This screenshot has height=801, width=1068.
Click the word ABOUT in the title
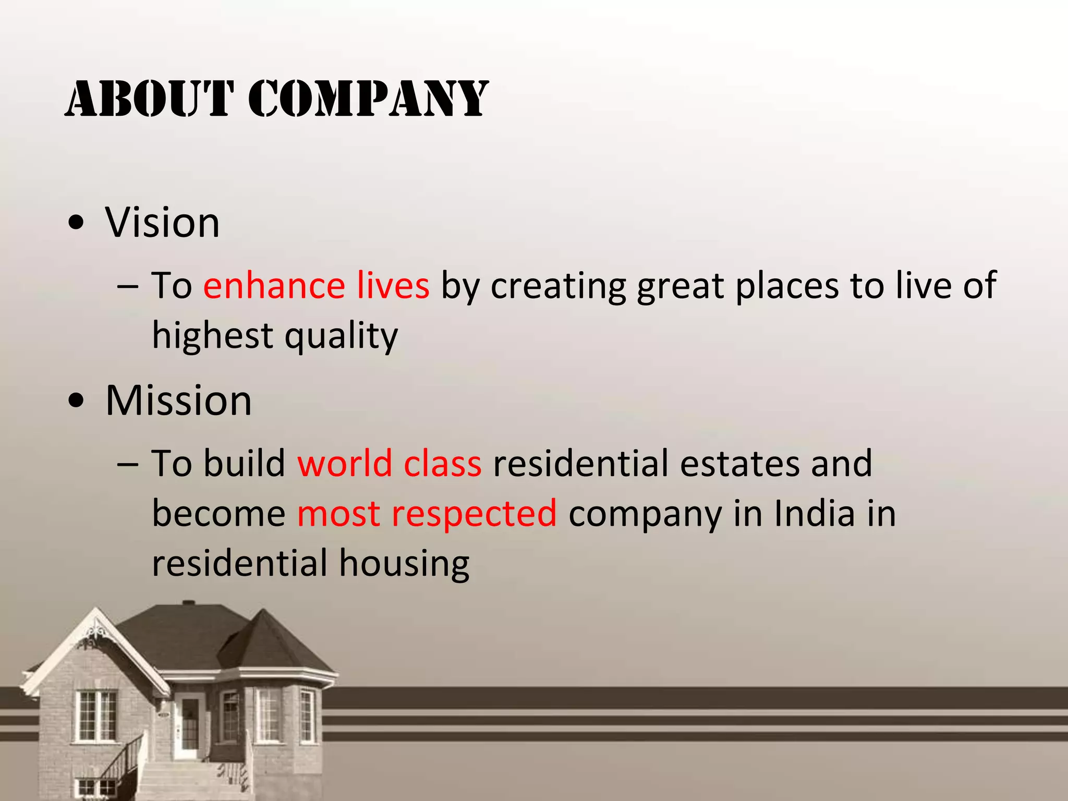point(148,99)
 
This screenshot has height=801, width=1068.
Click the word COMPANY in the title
point(368,99)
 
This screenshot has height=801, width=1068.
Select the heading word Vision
point(162,223)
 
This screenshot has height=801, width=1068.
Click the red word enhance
point(274,286)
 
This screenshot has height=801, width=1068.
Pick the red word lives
point(393,286)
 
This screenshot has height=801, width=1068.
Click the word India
point(814,514)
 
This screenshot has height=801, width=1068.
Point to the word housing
point(404,564)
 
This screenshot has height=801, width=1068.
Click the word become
point(219,514)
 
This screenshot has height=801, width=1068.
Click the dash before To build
point(128,464)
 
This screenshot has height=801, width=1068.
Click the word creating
point(558,287)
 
